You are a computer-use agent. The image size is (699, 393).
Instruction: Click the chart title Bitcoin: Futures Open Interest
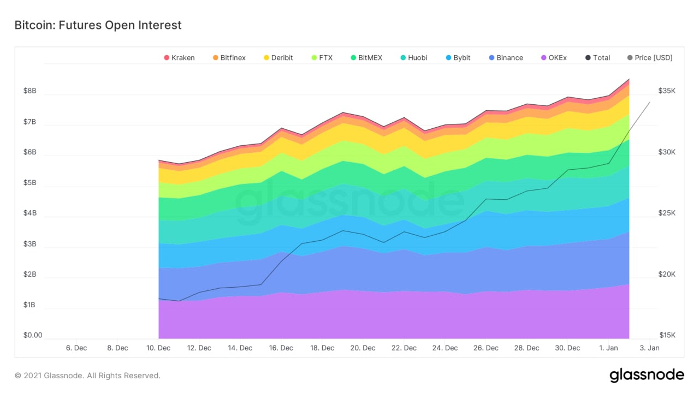coord(98,25)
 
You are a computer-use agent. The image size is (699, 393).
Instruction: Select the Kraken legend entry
coord(179,58)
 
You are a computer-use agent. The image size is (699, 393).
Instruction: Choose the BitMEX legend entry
coord(366,58)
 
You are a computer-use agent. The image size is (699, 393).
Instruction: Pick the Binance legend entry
coord(505,58)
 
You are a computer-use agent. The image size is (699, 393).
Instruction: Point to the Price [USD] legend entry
coord(649,58)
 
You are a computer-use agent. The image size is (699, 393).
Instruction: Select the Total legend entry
coord(597,58)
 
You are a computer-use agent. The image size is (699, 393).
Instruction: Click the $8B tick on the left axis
coord(29,91)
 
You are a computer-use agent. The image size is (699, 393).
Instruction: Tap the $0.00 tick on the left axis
coord(32,335)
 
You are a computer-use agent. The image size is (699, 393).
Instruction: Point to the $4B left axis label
coord(29,213)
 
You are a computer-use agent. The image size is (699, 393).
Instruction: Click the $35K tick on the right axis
coord(666,91)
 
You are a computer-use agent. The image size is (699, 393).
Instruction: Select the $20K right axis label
coord(666,275)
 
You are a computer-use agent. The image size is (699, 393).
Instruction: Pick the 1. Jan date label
coord(609,348)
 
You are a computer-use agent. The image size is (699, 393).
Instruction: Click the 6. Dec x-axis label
coord(76,348)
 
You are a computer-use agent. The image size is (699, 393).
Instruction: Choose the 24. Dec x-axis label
coord(445,348)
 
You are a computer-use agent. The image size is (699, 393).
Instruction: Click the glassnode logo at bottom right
coord(647,376)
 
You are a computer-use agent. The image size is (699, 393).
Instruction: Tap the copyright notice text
coord(87,376)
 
